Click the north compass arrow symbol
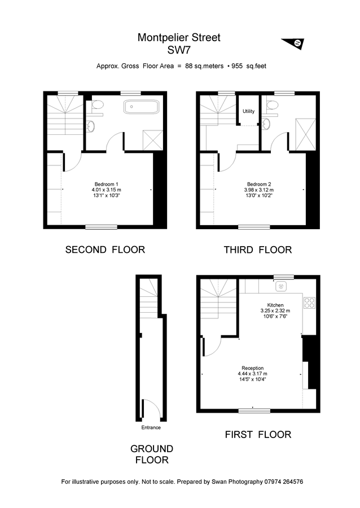pos(293,43)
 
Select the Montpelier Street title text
pos(179,38)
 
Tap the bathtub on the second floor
pos(142,107)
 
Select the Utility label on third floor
pos(248,111)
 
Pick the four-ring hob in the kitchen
pos(309,303)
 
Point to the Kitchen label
pos(275,305)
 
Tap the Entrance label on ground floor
pos(151,427)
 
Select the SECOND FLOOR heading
pos(105,249)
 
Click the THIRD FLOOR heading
pos(257,249)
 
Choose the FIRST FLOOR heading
pos(257,434)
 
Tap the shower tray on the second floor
pos(152,139)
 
